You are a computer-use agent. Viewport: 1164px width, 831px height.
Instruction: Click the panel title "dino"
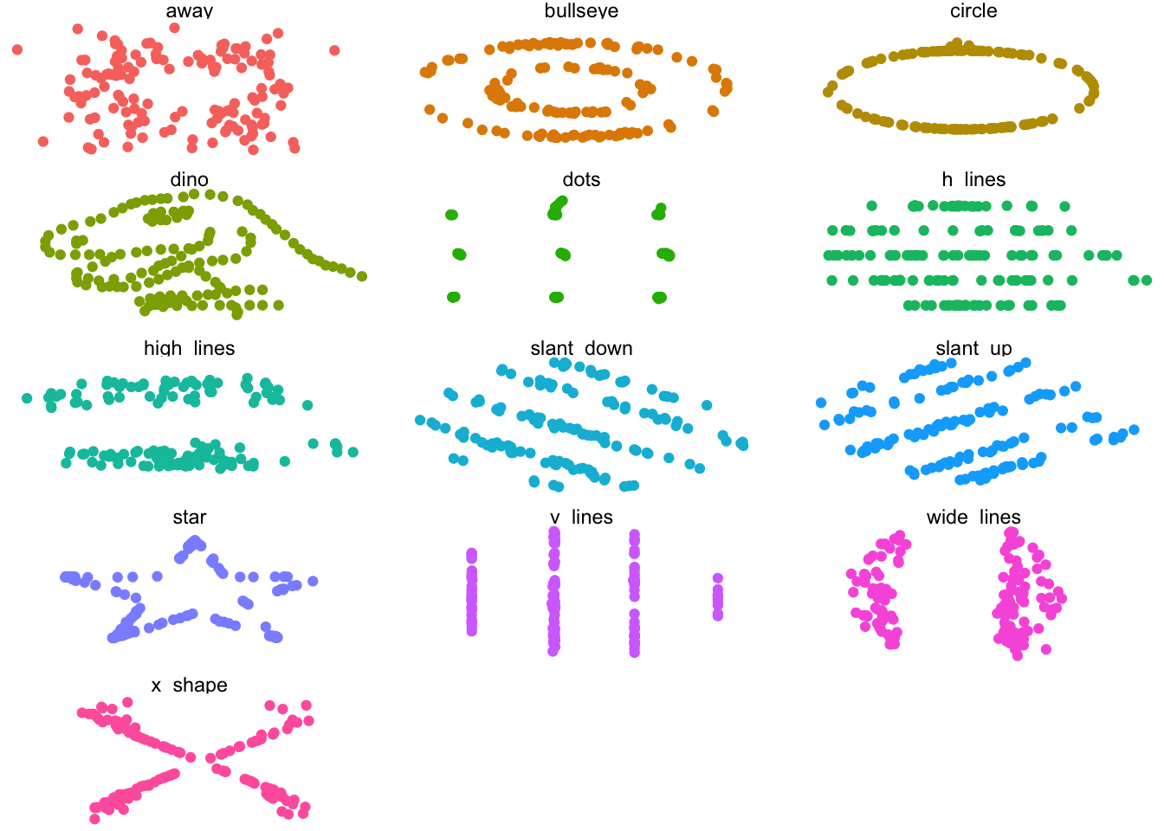tap(189, 180)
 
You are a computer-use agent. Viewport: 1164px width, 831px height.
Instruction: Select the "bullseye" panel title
tap(581, 11)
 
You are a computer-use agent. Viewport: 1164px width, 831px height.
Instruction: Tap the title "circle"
tap(973, 11)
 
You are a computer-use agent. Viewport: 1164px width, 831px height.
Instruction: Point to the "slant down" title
tap(581, 348)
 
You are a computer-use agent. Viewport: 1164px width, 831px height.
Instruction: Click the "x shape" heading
tap(189, 685)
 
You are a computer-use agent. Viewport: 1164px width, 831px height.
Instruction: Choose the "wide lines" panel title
tap(973, 517)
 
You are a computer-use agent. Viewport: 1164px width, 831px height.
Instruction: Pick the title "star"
tap(189, 517)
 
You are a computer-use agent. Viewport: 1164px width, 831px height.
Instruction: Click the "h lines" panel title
tap(973, 180)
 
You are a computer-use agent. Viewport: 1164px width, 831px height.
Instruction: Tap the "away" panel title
tap(189, 11)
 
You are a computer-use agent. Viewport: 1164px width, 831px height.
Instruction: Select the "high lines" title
tap(189, 348)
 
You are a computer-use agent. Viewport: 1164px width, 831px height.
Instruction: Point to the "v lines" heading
tap(581, 517)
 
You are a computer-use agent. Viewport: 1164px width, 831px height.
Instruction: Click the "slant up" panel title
tap(973, 348)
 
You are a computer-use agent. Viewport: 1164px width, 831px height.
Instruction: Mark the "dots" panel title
tap(581, 180)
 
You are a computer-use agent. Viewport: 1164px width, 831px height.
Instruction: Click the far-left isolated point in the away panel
tap(17, 49)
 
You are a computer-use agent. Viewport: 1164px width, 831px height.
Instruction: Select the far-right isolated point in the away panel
tap(334, 50)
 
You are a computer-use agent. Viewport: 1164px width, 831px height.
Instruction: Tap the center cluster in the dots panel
tap(563, 254)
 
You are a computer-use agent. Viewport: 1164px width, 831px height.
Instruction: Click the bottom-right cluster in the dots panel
tap(659, 297)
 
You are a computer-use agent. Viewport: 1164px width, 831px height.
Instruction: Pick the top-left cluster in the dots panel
tap(451, 215)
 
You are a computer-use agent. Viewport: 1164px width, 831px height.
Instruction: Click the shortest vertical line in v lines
tap(718, 596)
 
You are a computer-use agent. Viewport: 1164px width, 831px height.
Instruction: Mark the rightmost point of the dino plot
tap(362, 276)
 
